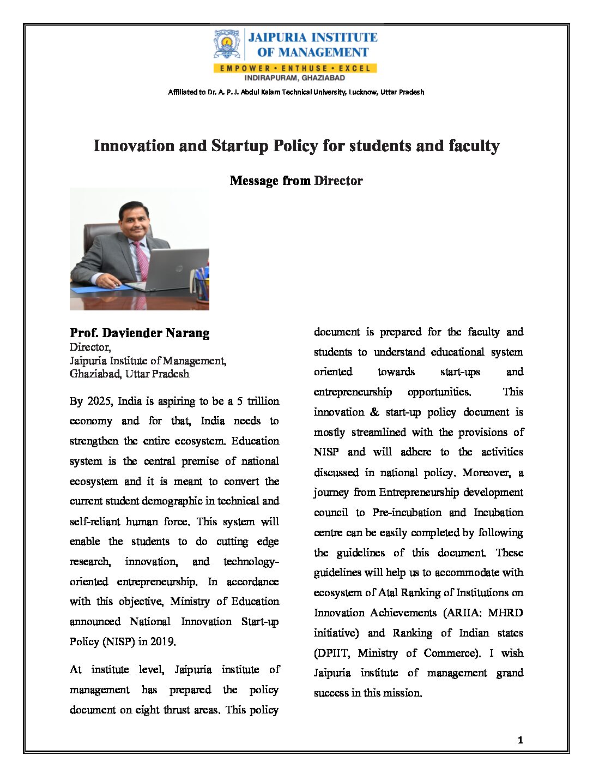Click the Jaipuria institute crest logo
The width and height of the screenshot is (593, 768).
(227, 44)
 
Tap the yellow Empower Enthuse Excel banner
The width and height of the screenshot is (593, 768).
(295, 68)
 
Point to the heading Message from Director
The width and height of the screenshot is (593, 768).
(296, 181)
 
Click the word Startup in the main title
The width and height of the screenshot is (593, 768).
(240, 146)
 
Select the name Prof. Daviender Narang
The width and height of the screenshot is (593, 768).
(140, 333)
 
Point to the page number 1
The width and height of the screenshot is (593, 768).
(520, 740)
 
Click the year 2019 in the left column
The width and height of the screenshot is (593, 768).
(162, 641)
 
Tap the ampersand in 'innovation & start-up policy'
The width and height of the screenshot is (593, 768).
(374, 412)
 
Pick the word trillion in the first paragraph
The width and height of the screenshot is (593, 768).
(263, 401)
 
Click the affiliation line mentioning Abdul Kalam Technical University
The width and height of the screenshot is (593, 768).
(296, 92)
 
